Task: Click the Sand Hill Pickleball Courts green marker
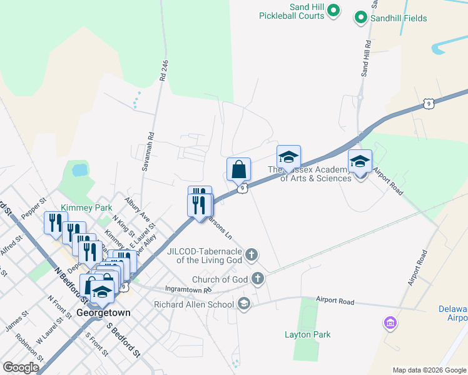(x=334, y=10)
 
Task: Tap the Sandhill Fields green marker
(x=360, y=18)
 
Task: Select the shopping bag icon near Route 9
(x=238, y=169)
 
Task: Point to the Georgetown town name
(x=103, y=312)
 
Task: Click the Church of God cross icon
(x=258, y=279)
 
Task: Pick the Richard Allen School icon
(x=243, y=304)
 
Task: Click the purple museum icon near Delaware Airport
(x=390, y=323)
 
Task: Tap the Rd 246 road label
(x=164, y=69)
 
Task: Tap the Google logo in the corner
(x=21, y=367)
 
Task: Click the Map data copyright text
(x=430, y=370)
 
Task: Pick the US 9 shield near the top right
(x=428, y=103)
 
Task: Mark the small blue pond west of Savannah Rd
(x=79, y=169)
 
